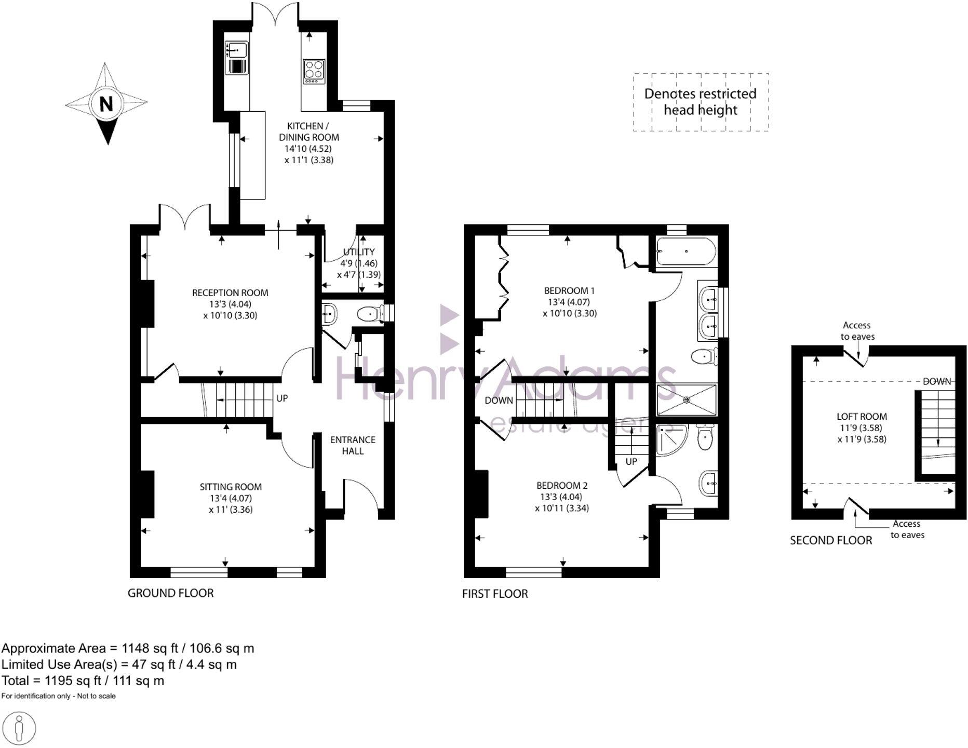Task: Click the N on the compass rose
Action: point(106,104)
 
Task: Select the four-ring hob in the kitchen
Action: point(314,71)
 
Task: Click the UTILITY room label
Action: point(358,252)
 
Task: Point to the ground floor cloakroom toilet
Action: point(370,314)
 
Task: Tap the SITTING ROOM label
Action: point(231,487)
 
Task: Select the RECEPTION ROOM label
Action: point(230,293)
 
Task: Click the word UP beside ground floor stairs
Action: point(282,398)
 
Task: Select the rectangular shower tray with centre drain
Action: point(687,399)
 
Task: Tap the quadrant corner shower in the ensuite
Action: point(670,439)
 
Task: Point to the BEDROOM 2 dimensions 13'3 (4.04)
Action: point(562,497)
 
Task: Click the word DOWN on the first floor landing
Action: point(499,400)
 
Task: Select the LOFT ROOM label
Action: point(862,417)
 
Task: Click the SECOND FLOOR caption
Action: point(831,540)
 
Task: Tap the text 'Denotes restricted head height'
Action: point(700,102)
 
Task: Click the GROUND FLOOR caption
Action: point(170,593)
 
